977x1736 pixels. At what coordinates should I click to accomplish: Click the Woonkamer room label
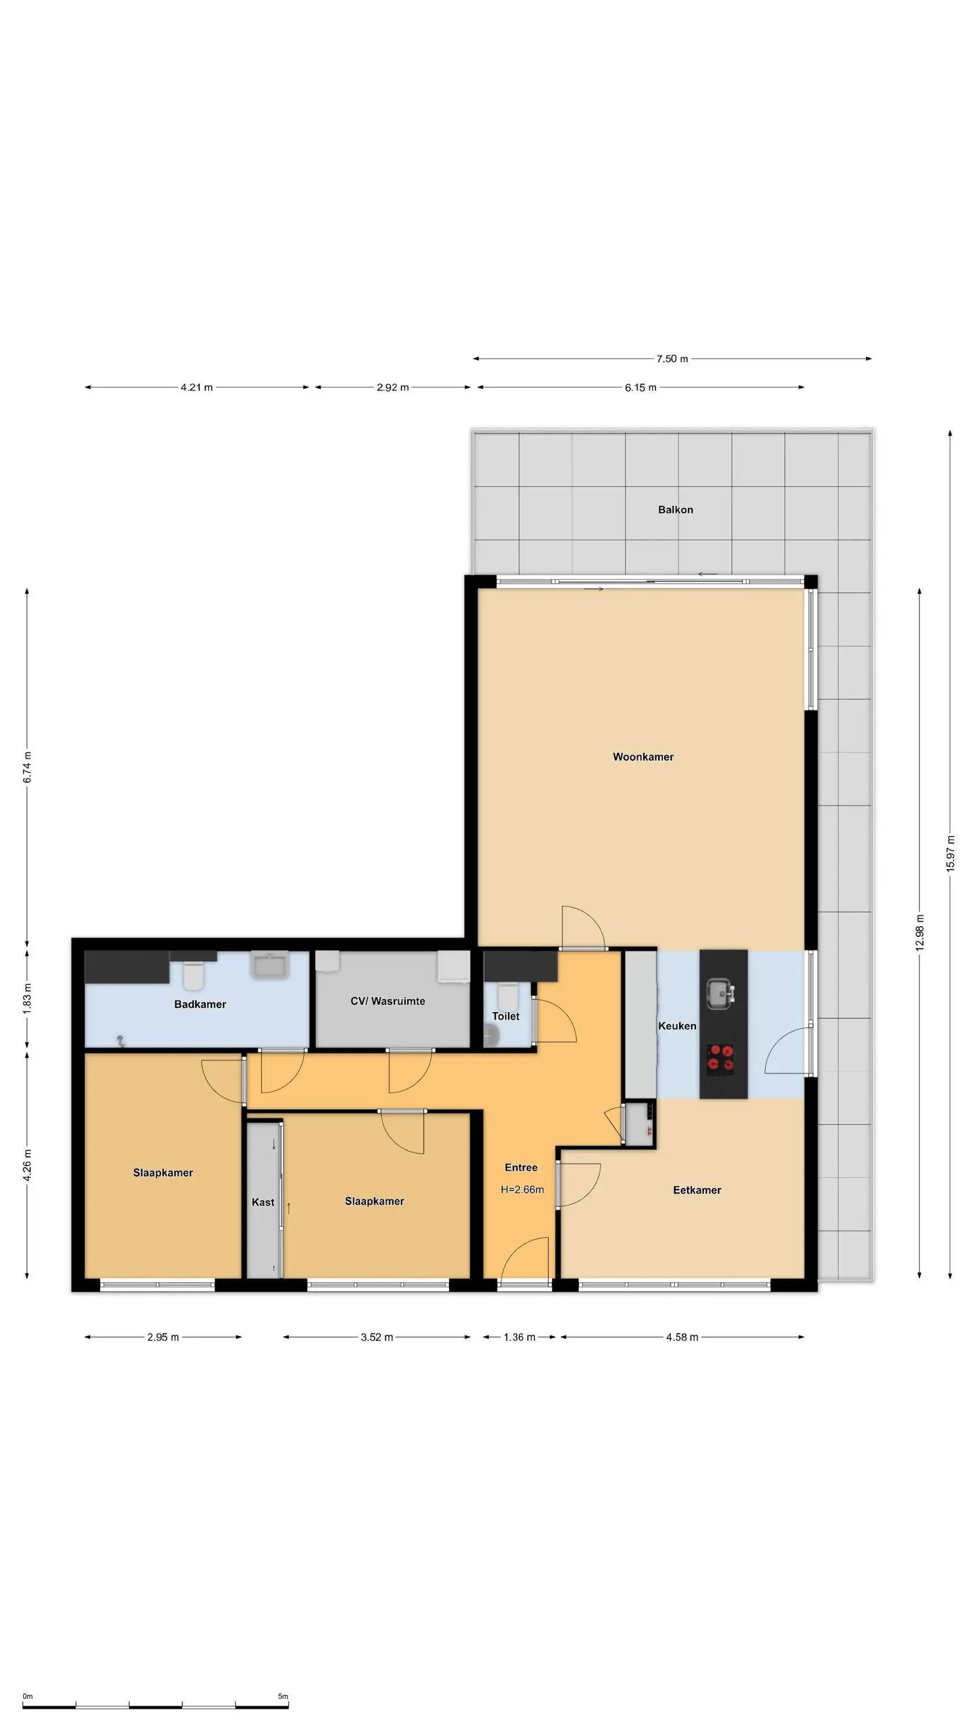[642, 757]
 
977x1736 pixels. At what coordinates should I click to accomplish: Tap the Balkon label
[675, 509]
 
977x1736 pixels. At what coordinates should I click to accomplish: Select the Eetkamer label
[696, 1190]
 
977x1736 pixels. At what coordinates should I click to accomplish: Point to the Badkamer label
[200, 1004]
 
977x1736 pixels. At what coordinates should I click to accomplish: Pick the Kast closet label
[263, 1202]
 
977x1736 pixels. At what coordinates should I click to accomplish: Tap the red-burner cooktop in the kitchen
[721, 1057]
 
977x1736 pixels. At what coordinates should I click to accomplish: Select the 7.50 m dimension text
[672, 359]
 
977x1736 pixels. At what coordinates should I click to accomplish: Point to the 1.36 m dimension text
[519, 1337]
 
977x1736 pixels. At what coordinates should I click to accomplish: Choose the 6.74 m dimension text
[27, 767]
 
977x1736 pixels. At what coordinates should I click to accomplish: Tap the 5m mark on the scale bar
[283, 1696]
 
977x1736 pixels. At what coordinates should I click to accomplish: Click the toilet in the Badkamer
[193, 975]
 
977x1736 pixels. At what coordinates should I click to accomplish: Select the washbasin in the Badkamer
[270, 965]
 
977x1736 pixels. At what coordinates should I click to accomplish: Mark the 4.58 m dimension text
[682, 1337]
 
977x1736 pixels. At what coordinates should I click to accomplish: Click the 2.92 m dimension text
[392, 388]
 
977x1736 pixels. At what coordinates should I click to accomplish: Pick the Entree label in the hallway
[521, 1168]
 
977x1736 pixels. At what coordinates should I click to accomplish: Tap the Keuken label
[677, 1026]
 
